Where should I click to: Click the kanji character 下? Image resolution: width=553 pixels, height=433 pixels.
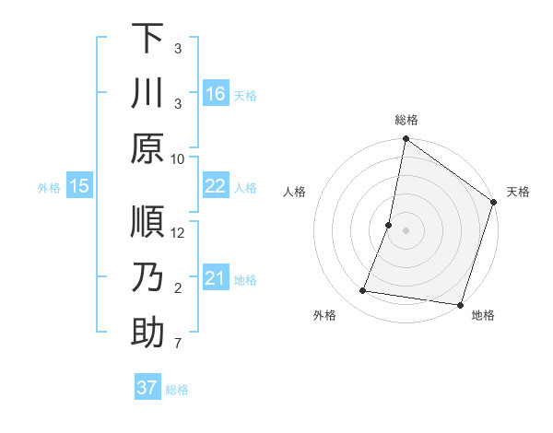click(147, 38)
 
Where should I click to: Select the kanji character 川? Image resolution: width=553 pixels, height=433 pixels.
click(147, 94)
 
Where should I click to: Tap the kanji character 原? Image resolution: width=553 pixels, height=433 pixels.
click(147, 148)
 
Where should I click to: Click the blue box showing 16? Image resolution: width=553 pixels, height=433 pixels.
click(216, 94)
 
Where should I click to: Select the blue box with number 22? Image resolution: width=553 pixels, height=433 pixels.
click(216, 186)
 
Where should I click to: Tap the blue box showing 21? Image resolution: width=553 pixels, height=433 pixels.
click(216, 278)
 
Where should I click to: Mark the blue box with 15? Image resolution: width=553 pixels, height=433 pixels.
click(78, 186)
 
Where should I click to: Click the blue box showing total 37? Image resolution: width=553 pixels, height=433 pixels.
click(147, 388)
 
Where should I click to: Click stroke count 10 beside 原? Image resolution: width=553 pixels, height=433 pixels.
click(178, 159)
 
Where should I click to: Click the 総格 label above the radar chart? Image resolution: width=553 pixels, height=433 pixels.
click(406, 120)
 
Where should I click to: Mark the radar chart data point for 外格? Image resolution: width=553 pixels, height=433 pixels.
click(363, 291)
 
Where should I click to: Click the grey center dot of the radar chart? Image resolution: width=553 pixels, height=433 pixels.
click(406, 230)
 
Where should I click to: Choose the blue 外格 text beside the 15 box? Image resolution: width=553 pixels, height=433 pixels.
click(49, 187)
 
